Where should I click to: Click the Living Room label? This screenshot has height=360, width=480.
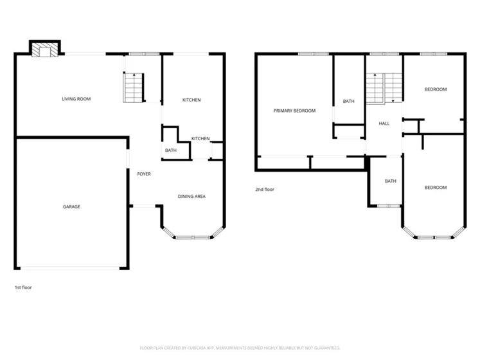(x=76, y=99)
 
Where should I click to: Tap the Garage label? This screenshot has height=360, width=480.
(x=71, y=207)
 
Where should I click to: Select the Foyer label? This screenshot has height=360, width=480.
(x=144, y=174)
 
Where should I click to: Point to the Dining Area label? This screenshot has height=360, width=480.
(x=191, y=196)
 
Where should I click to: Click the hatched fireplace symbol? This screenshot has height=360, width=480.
(x=45, y=50)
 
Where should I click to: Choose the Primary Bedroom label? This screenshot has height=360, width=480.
(x=294, y=111)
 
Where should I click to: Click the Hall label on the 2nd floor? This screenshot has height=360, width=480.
(x=384, y=123)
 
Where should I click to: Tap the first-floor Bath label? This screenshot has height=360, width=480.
(x=171, y=150)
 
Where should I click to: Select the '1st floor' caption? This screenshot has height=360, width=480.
(x=23, y=287)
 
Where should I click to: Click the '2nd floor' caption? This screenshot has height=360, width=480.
(x=265, y=190)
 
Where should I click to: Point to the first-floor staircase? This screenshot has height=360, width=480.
(x=134, y=87)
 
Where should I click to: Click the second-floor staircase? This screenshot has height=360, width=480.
(x=384, y=88)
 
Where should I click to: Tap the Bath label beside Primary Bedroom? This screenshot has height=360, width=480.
(x=349, y=101)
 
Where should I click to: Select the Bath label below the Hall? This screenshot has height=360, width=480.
(x=390, y=181)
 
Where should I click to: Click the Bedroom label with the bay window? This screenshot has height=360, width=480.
(x=436, y=188)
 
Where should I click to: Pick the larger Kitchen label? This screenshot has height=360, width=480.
(x=191, y=100)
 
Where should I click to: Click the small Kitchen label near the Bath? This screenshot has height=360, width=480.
(x=200, y=138)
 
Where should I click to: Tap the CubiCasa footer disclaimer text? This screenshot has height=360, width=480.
(x=240, y=348)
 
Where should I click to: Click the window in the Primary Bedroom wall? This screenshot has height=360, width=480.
(x=313, y=54)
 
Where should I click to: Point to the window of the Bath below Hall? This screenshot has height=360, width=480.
(x=389, y=206)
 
